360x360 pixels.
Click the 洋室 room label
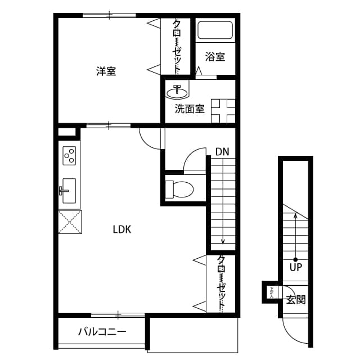[x=106, y=71]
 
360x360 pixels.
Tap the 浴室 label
[x=215, y=57]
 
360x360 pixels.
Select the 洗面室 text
[x=189, y=109]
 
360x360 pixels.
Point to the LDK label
[x=121, y=229]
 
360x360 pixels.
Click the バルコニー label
[x=102, y=332]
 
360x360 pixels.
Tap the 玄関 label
[x=296, y=299]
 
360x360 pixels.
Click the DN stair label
[x=222, y=151]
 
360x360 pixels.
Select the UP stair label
[x=296, y=267]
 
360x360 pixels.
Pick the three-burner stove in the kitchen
[x=69, y=155]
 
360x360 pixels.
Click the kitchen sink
[x=69, y=191]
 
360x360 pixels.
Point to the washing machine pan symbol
[x=223, y=110]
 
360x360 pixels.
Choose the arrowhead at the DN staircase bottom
[x=223, y=241]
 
